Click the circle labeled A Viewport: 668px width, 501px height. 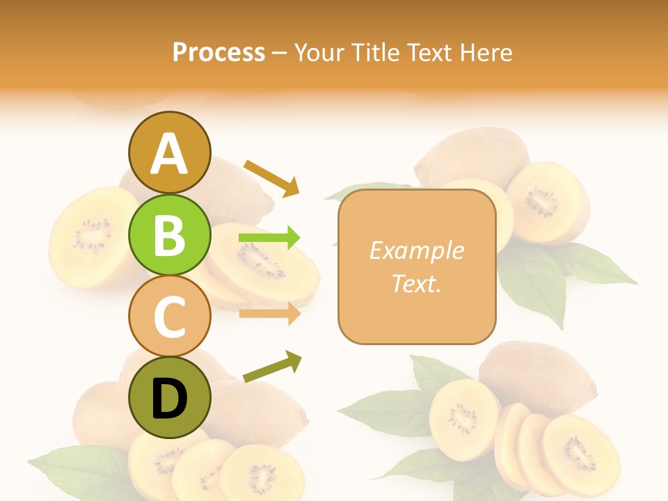point(170,153)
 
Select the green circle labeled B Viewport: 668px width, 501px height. point(170,235)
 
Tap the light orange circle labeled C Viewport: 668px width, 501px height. point(170,317)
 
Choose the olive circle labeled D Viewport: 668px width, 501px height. point(170,398)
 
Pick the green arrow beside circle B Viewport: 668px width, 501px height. point(269,238)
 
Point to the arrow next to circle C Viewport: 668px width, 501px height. point(269,314)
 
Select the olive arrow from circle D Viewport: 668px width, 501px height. point(272,367)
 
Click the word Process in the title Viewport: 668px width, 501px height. point(218,53)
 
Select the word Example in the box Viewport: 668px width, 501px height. point(417,250)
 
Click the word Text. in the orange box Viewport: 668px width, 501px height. point(417,283)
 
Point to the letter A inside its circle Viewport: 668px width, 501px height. point(170,154)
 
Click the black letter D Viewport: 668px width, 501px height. point(170,399)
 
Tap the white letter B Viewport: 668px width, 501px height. point(170,235)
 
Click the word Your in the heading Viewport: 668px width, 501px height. point(319,53)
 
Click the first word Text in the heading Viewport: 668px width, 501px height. point(428,53)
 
